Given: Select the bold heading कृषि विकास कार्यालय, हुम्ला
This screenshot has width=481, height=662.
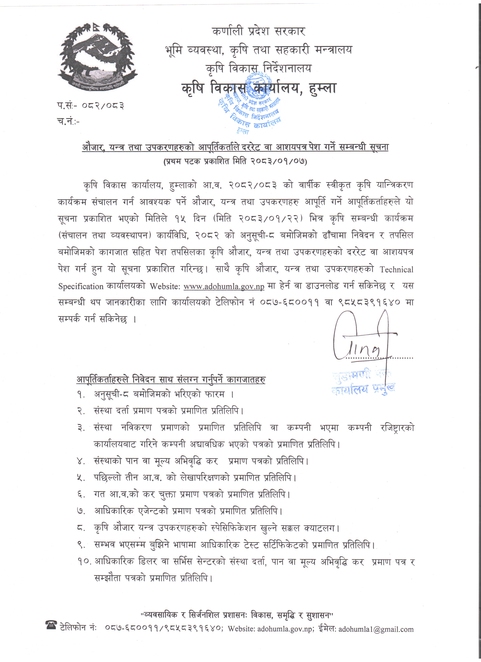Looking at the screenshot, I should point(259,88).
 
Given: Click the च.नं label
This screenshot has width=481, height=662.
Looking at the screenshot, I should point(68,121).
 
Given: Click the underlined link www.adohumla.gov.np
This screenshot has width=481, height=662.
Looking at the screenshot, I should point(224,286).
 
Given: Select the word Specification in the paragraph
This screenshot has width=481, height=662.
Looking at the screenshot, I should point(81,286).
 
